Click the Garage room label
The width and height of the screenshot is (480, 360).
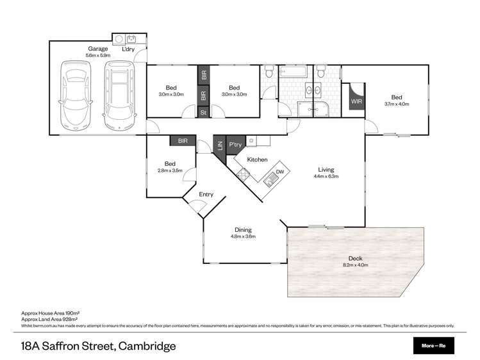[98, 49]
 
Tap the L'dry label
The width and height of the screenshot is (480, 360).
[130, 49]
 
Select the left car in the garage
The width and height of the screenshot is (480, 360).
[77, 94]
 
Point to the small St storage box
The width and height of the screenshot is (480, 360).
[204, 112]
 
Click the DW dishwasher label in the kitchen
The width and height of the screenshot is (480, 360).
[279, 172]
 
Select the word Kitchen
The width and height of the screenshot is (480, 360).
[257, 159]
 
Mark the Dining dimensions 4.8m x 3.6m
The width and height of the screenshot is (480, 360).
[243, 236]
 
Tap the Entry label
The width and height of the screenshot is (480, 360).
[206, 195]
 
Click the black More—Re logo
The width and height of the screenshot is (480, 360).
[433, 347]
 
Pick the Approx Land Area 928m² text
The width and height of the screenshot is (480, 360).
[49, 318]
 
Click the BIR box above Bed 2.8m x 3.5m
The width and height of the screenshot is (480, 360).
[183, 140]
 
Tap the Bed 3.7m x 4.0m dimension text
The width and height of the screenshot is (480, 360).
[397, 104]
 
